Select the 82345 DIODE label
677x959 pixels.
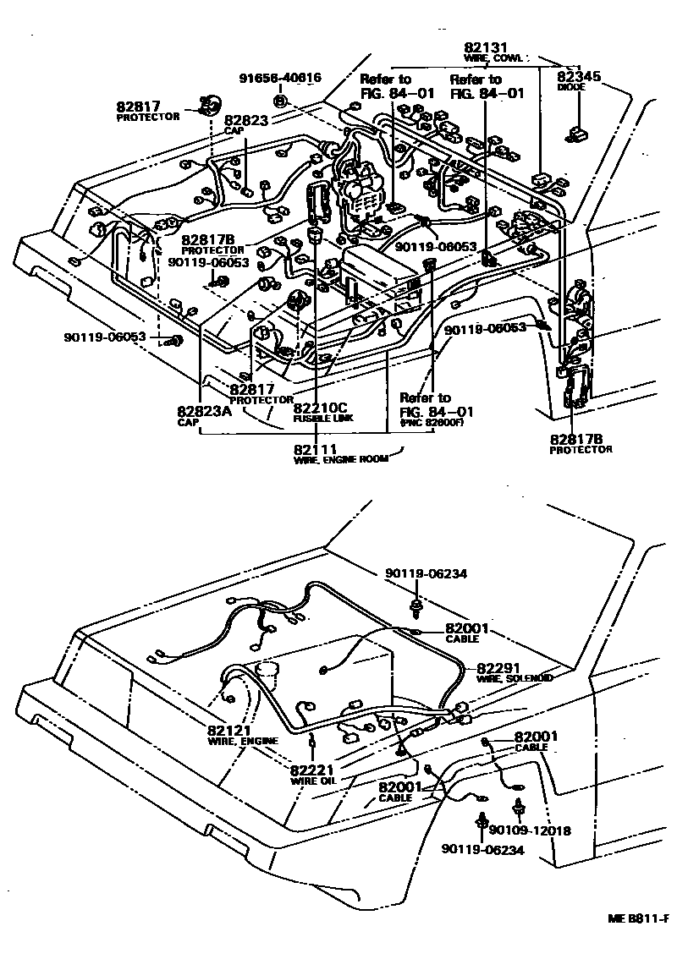(579, 82)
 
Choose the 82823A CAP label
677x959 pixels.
(203, 415)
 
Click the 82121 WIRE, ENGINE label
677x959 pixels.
(242, 734)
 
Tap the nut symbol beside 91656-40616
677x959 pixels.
(284, 102)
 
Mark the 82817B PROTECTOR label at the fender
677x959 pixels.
(580, 444)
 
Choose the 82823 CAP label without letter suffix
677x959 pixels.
(245, 124)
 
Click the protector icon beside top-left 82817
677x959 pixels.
(206, 105)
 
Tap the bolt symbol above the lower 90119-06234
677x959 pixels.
(482, 819)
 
